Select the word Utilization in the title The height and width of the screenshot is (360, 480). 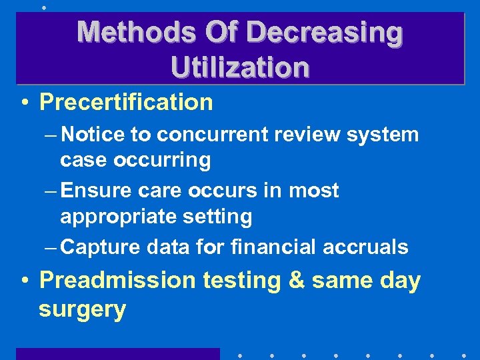pos(240,67)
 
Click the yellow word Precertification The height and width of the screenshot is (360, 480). pos(126,103)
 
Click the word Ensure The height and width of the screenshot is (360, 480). pos(94,191)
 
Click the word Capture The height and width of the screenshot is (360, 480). pos(97,247)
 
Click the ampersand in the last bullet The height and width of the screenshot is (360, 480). pos(296,280)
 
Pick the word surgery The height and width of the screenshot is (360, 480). pos(82,309)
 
